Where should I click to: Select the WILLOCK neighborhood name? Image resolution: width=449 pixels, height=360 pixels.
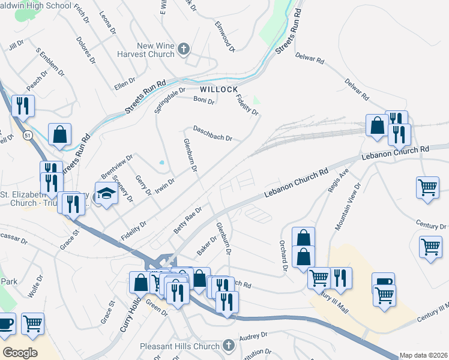[215, 89]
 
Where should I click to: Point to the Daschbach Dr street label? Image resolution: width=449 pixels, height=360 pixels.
[212, 133]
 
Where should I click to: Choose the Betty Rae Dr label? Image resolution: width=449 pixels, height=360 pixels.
[188, 223]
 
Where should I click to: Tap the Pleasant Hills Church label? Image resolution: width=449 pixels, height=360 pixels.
[179, 346]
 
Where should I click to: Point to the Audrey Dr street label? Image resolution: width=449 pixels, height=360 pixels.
[253, 338]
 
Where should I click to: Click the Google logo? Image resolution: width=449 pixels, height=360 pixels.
[19, 353]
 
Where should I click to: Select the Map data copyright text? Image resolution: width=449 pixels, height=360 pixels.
[423, 355]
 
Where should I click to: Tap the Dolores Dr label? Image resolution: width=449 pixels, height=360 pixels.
[86, 50]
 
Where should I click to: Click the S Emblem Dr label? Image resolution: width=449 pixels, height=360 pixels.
[50, 62]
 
